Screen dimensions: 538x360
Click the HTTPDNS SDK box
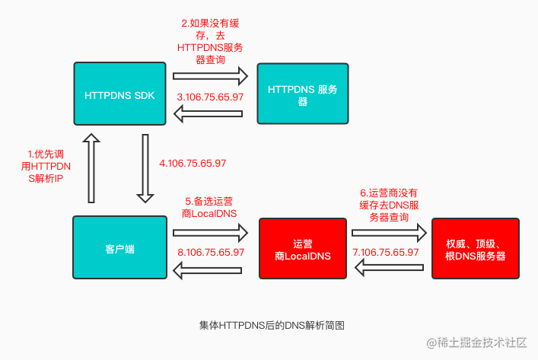click(119, 94)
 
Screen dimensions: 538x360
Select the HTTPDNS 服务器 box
click(303, 94)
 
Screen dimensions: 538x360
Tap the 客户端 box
click(119, 247)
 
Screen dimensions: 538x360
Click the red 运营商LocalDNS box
click(303, 248)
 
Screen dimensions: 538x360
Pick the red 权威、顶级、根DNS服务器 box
click(475, 248)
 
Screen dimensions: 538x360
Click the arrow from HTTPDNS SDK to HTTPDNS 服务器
click(210, 76)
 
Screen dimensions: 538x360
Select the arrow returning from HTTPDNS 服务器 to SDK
click(209, 113)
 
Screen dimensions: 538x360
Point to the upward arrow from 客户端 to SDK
click(91, 168)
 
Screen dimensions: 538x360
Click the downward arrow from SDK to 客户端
click(145, 168)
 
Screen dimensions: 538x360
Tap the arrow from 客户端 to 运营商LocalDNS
click(210, 233)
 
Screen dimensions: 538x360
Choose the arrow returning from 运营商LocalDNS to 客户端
click(208, 270)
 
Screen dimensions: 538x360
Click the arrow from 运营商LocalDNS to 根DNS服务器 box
click(389, 233)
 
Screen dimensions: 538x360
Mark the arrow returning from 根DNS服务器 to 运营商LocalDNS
click(389, 267)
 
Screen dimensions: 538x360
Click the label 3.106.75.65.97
click(210, 97)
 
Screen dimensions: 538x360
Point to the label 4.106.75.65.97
click(193, 163)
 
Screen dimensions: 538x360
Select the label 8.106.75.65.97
click(211, 252)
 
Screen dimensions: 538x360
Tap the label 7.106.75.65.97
click(386, 252)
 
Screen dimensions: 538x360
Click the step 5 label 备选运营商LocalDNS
click(209, 207)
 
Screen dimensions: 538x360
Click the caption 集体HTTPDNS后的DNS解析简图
click(272, 325)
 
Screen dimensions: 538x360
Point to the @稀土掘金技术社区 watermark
click(476, 342)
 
